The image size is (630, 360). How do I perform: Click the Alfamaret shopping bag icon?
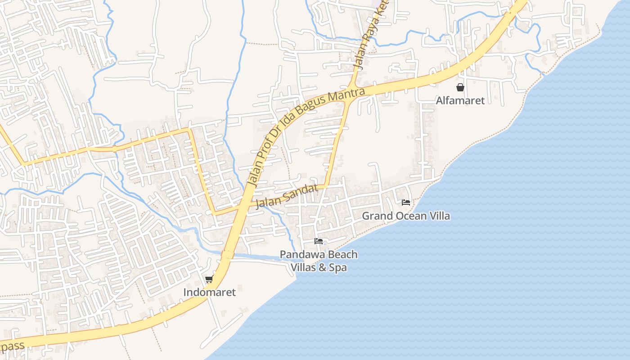point(460,87)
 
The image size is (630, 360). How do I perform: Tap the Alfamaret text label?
point(460,100)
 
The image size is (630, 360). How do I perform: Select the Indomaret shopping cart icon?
point(209,279)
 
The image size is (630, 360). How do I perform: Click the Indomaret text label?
point(209,292)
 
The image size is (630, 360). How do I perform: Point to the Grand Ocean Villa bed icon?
point(405,202)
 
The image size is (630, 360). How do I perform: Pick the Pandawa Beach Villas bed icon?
point(319,241)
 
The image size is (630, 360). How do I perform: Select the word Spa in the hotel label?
point(337,268)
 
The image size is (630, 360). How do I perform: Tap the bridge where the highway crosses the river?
point(227,255)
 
